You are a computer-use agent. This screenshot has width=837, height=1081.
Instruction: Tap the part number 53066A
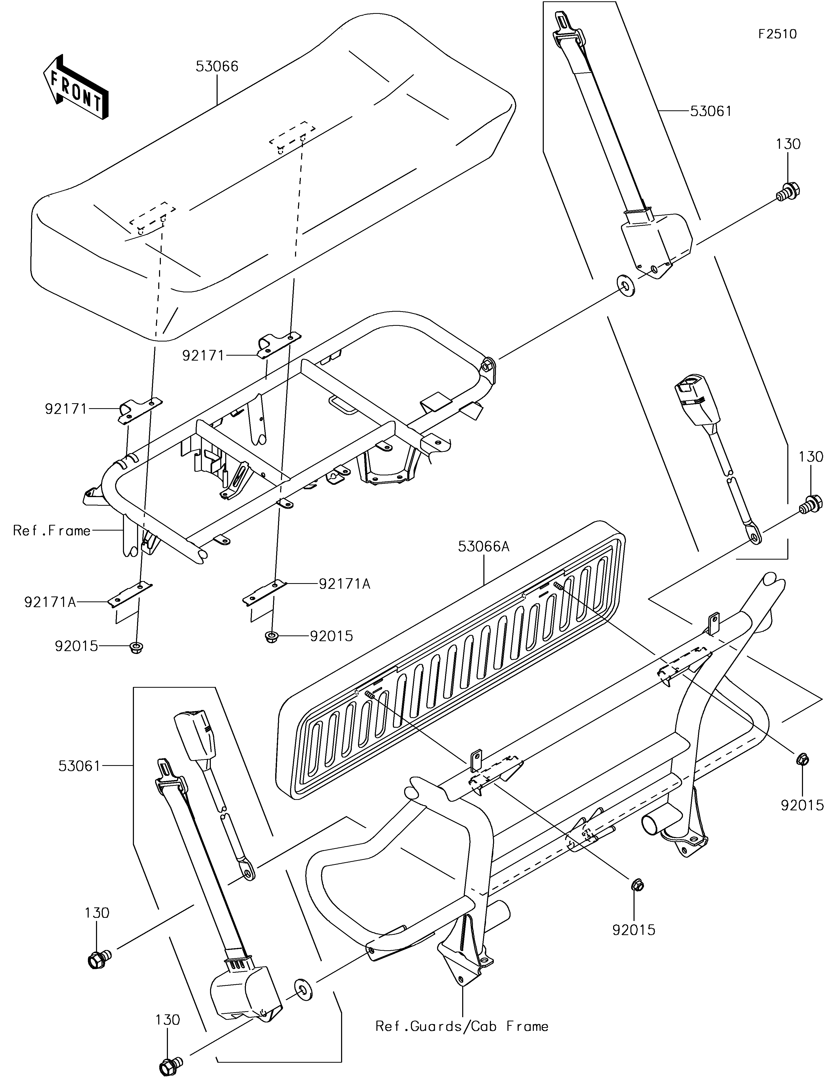(x=484, y=547)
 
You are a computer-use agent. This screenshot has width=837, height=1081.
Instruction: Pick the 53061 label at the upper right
(x=710, y=111)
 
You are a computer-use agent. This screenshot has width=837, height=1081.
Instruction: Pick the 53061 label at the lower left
(x=79, y=766)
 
